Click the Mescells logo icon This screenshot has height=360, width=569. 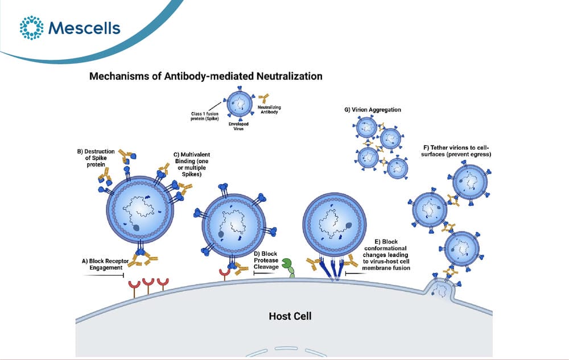(31, 27)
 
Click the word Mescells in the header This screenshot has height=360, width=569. (84, 28)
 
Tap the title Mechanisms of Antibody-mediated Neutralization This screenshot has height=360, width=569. (206, 76)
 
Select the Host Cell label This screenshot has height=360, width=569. (290, 316)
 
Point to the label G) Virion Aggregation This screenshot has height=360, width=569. (373, 110)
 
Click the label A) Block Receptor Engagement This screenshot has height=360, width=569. (105, 264)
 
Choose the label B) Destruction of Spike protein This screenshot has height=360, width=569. (96, 158)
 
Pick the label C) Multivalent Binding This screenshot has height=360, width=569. (192, 164)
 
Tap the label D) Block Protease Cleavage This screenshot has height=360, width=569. (266, 260)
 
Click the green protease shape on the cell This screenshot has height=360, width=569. (288, 268)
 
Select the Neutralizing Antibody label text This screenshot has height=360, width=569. (269, 110)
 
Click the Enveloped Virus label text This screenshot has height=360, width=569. (238, 126)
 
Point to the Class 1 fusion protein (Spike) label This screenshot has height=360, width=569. (205, 116)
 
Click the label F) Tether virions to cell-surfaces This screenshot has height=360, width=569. (456, 151)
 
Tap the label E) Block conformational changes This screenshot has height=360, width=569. (386, 255)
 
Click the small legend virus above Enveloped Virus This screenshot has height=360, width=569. (240, 104)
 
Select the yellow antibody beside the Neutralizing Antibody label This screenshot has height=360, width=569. (264, 98)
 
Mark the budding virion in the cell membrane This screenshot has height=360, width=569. (441, 288)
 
